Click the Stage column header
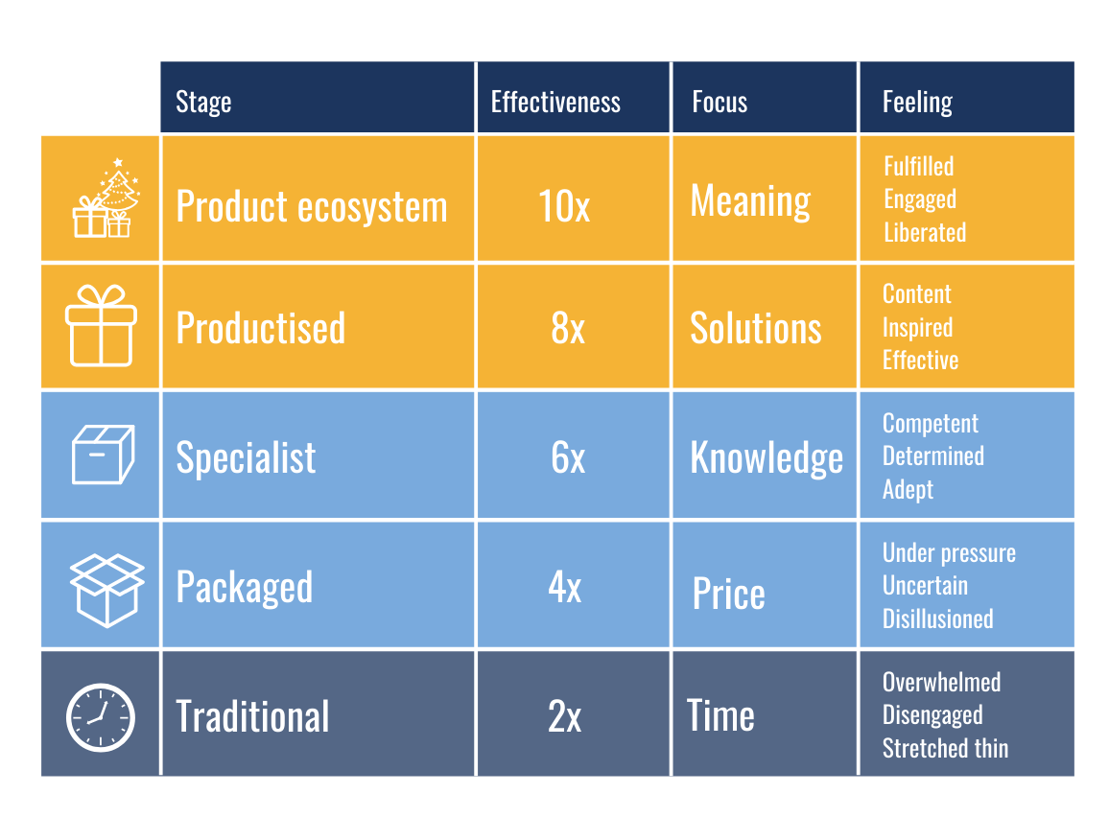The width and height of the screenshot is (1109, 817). (x=203, y=103)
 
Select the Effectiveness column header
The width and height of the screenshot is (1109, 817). (x=555, y=102)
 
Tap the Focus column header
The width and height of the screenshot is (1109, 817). (x=720, y=102)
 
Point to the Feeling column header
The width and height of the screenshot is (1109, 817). (x=917, y=103)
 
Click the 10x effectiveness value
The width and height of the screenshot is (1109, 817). (x=564, y=205)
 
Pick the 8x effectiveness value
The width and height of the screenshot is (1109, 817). (x=568, y=328)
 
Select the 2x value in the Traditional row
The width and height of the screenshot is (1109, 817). (x=564, y=716)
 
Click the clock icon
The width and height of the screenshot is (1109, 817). (x=101, y=717)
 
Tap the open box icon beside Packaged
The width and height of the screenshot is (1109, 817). (x=106, y=590)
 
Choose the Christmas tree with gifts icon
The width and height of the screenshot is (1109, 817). (x=106, y=198)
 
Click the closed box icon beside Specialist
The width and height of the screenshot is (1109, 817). (x=104, y=455)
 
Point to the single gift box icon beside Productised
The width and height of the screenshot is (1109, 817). (x=101, y=326)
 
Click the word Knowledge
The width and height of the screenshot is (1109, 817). (x=767, y=458)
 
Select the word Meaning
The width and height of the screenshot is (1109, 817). (x=750, y=202)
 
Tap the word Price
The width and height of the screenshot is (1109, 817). (x=728, y=593)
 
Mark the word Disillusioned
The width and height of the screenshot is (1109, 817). (x=938, y=619)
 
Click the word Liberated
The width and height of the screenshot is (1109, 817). (x=925, y=232)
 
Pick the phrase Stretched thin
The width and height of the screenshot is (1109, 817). (x=946, y=749)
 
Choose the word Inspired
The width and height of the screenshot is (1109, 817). (x=917, y=328)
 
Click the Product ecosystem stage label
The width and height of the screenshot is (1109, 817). (x=312, y=207)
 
